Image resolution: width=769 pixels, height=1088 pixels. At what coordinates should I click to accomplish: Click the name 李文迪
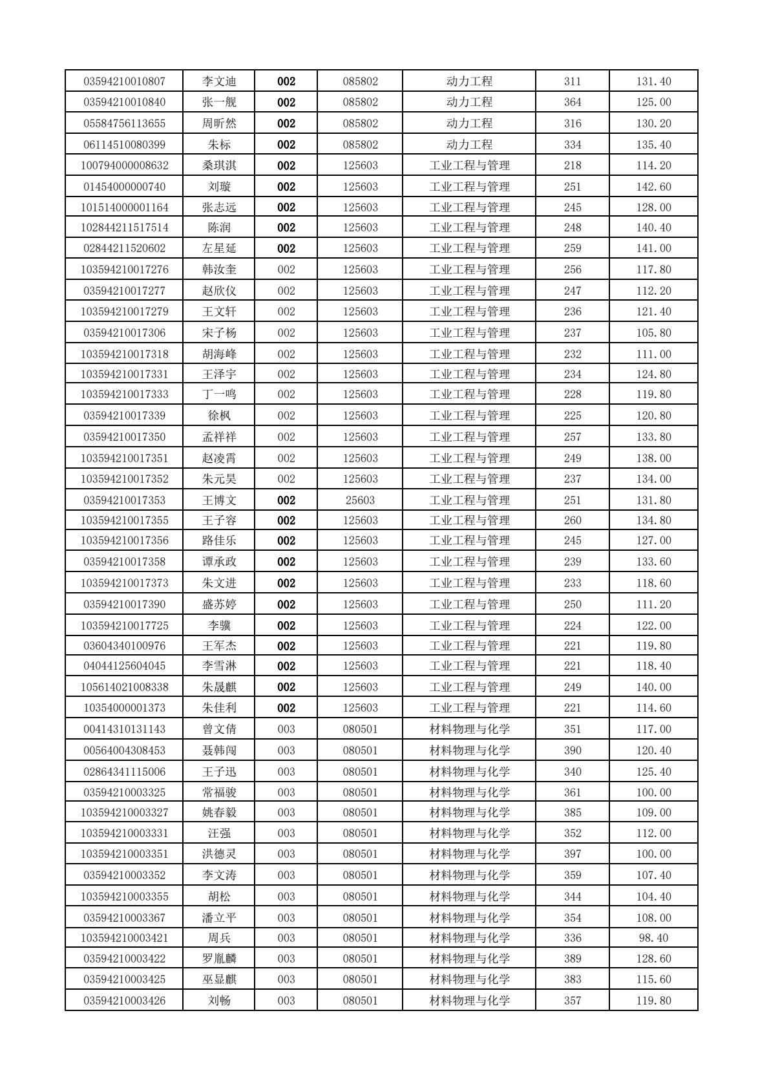tap(219, 81)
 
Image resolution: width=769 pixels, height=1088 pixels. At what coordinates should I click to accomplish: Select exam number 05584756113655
tap(124, 123)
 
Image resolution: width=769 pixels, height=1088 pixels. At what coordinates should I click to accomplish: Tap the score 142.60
tap(653, 187)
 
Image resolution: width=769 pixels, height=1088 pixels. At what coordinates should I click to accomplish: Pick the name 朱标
tap(219, 145)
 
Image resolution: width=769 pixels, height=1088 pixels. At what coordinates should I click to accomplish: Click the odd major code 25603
tap(360, 500)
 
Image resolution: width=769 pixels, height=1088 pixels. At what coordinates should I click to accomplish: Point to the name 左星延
tap(219, 248)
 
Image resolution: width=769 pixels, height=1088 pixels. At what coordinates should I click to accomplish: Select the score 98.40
tap(653, 938)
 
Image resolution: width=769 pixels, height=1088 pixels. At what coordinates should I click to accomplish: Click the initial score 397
tap(572, 854)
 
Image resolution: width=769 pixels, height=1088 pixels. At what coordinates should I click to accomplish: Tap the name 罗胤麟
tap(219, 959)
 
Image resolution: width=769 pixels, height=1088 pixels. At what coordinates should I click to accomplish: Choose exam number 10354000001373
tap(124, 708)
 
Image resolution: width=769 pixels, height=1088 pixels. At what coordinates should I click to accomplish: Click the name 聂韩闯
tap(219, 751)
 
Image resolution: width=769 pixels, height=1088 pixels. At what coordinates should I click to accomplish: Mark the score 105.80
tap(653, 333)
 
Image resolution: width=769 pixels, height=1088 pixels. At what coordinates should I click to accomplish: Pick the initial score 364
tap(572, 102)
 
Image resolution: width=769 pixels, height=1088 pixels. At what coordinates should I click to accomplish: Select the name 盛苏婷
tap(219, 604)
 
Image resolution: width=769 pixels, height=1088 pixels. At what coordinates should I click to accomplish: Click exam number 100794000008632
tap(124, 165)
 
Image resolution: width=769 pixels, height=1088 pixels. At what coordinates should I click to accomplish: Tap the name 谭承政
tap(219, 562)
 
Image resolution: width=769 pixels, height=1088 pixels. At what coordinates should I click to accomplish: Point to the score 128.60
tap(653, 959)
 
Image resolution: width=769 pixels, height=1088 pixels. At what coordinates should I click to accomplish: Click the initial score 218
tap(572, 165)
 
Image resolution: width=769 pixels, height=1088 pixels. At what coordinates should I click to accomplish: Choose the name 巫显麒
tap(219, 979)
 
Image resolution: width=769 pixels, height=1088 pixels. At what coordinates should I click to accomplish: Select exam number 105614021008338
tap(124, 687)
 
